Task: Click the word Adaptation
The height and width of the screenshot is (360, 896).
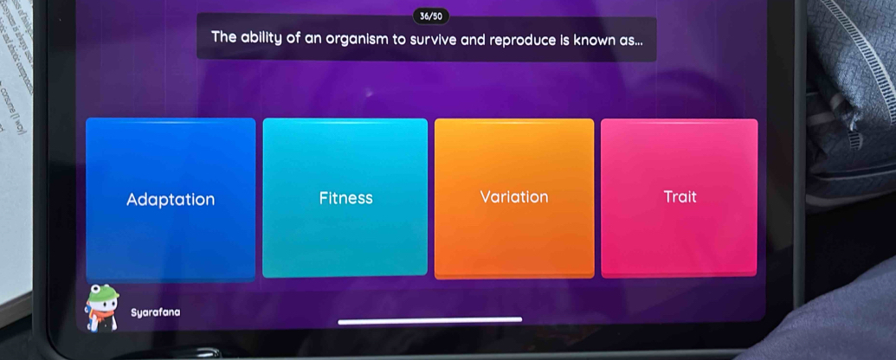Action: pyautogui.click(x=171, y=200)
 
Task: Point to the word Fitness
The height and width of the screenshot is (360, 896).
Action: pyautogui.click(x=345, y=198)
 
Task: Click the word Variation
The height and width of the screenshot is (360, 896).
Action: pyautogui.click(x=514, y=197)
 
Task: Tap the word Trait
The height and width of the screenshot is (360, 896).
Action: pyautogui.click(x=680, y=197)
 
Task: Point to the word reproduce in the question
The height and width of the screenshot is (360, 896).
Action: pyautogui.click(x=517, y=40)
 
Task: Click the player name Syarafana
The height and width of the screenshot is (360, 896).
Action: pyautogui.click(x=156, y=312)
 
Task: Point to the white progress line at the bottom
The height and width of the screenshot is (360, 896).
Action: pyautogui.click(x=429, y=320)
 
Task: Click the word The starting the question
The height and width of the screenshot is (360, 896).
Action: pyautogui.click(x=223, y=40)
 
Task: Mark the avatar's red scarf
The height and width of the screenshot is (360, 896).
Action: pyautogui.click(x=102, y=315)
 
